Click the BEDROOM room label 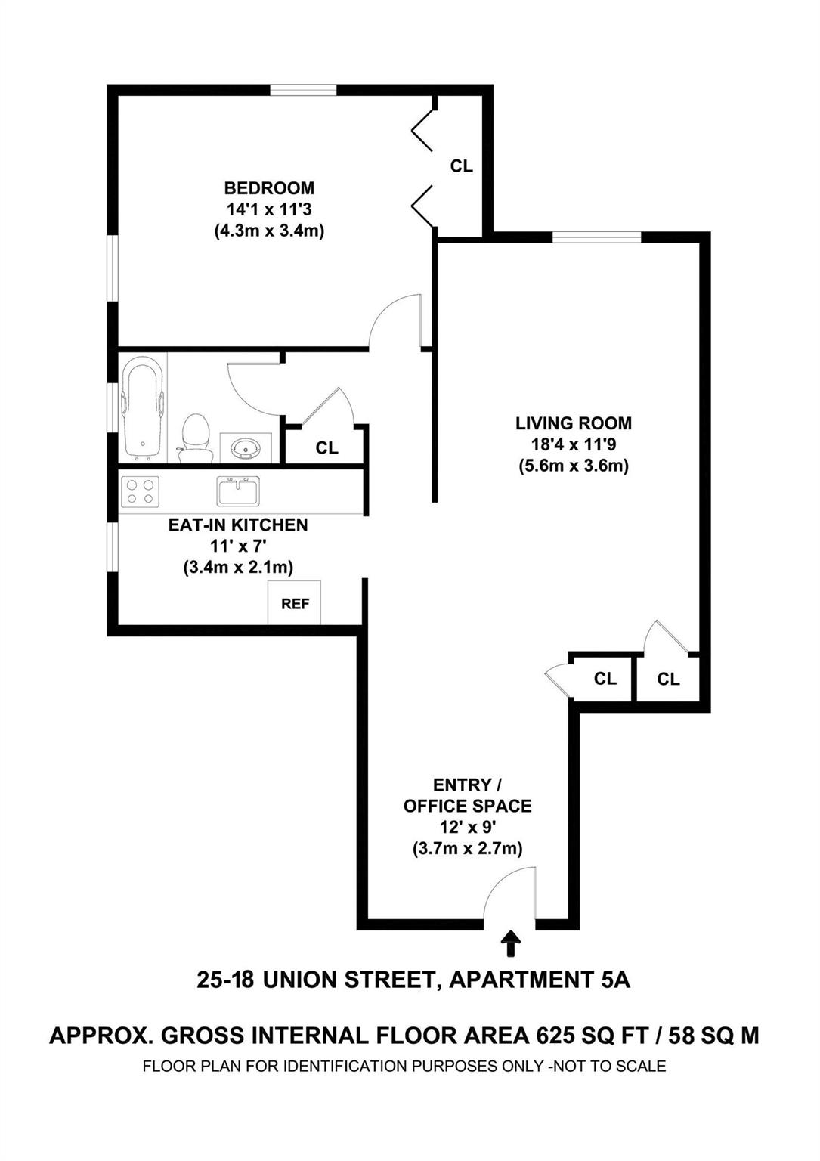pos(268,187)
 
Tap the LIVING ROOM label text pos(573,423)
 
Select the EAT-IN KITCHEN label pos(237,525)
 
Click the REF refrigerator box pos(295,603)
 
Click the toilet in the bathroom pos(196,438)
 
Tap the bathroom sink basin pos(246,448)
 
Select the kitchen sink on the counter pos(238,490)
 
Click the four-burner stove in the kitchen pos(140,492)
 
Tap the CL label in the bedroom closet pos(461,166)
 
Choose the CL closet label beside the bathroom pos(326,448)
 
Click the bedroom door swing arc pos(393,321)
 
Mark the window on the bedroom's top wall pos(304,90)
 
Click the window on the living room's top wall pos(596,237)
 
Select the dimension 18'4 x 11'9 pos(573,444)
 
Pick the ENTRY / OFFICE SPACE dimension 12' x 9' pos(467,827)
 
